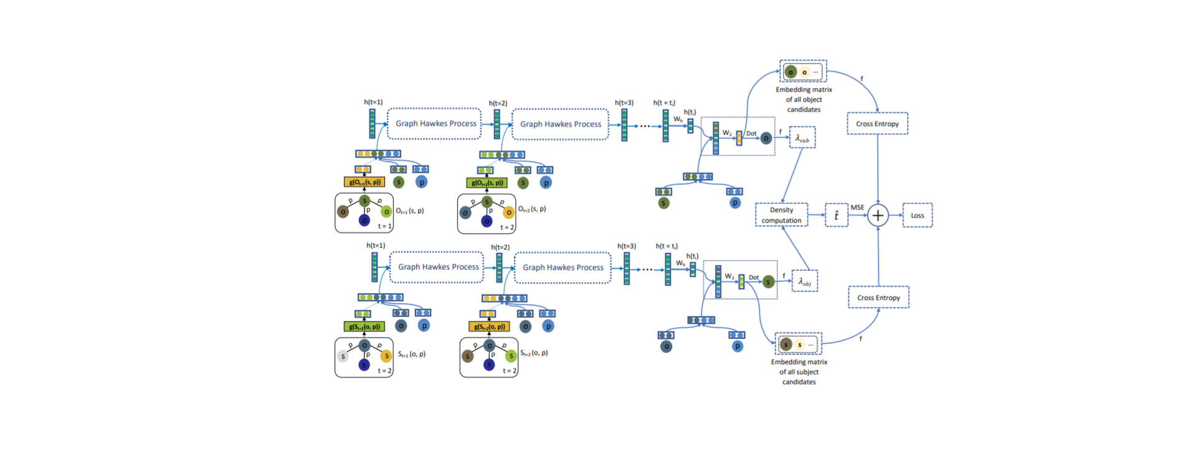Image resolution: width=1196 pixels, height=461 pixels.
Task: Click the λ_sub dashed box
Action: [x=802, y=138]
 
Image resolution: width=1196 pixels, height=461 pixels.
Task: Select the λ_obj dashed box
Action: [x=804, y=282]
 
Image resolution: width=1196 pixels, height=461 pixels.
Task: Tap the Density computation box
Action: [x=781, y=215]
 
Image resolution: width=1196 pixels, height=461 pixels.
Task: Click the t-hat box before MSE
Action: [x=836, y=215]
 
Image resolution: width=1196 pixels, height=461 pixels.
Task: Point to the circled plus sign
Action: [x=878, y=216]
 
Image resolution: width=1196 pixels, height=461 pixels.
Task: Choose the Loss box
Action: [x=917, y=215]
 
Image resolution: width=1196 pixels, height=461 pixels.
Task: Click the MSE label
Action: [x=857, y=207]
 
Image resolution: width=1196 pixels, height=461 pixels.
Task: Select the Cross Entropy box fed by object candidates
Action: [x=877, y=123]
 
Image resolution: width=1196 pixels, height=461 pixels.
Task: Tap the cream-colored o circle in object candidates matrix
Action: [x=804, y=72]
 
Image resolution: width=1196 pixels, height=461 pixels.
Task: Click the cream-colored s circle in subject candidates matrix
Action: [x=800, y=345]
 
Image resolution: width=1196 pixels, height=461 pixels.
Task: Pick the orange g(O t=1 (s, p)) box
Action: [x=364, y=182]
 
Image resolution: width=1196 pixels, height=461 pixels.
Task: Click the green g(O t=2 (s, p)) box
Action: [x=487, y=183]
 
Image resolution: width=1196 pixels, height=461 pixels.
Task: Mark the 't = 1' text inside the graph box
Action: [x=384, y=226]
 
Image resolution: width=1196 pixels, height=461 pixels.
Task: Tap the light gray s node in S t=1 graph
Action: [x=343, y=356]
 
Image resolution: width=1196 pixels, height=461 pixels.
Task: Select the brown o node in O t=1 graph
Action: [x=343, y=212]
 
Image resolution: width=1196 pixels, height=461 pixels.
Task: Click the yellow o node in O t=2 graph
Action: [x=508, y=212]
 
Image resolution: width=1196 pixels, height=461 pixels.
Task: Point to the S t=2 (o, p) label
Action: [x=534, y=353]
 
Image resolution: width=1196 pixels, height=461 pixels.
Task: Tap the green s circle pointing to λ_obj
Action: [x=768, y=282]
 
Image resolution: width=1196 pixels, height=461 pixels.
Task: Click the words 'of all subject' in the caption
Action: [x=799, y=372]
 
